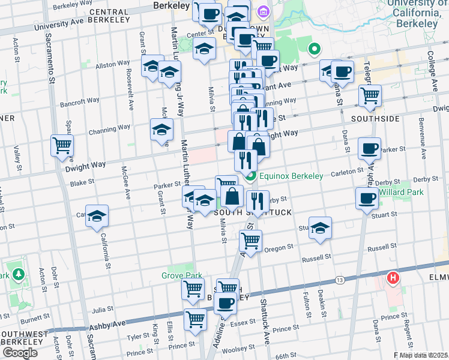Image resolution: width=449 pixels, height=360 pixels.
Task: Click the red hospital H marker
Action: pos(393,278)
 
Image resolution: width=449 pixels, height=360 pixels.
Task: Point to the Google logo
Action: pos(20,353)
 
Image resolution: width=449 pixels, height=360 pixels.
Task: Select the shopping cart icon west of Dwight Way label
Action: pos(62,145)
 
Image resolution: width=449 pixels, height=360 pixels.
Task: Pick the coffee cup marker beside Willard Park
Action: pos(367,197)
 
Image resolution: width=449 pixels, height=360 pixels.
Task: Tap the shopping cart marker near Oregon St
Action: pos(250,241)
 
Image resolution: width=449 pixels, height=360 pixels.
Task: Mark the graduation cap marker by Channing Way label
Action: pos(160,130)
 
